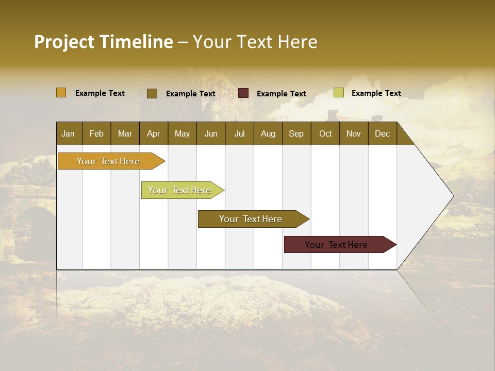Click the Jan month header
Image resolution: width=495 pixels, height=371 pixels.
(x=68, y=133)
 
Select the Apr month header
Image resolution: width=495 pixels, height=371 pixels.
(x=153, y=133)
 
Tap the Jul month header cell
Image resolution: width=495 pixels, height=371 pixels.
(x=239, y=133)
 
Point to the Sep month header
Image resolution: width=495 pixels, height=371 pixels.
(x=296, y=133)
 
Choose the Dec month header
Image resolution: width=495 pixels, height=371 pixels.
(x=382, y=133)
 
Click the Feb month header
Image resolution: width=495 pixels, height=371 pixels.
(x=96, y=133)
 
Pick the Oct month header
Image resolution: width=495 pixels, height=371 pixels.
(x=325, y=133)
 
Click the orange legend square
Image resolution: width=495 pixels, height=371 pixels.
(x=61, y=93)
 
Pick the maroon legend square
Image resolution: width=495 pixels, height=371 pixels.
(x=243, y=93)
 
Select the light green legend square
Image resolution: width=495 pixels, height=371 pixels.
(x=339, y=93)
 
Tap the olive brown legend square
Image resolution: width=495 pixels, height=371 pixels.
(x=152, y=93)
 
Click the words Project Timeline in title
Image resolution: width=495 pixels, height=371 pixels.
(x=103, y=42)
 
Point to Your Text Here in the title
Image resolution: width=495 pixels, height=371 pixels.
(x=255, y=42)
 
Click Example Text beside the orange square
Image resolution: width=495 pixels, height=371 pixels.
(x=100, y=93)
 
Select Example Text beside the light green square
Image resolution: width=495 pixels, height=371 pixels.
(x=376, y=93)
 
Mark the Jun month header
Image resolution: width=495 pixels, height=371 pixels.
(x=211, y=133)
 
